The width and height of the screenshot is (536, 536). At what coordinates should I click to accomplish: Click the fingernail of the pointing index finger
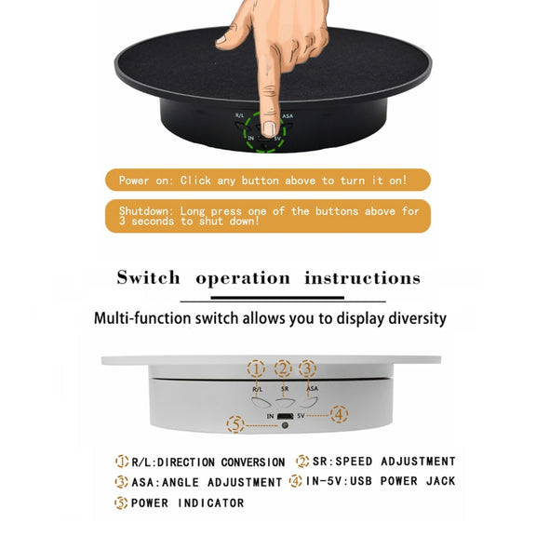pyautogui.click(x=270, y=129)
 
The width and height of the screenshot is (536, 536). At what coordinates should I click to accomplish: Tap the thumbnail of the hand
pyautogui.click(x=221, y=40)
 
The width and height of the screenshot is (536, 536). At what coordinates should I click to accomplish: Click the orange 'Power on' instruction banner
pyautogui.click(x=268, y=180)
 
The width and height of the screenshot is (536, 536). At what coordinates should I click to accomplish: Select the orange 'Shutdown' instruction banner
pyautogui.click(x=268, y=216)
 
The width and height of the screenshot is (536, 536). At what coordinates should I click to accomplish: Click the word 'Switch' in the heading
pyautogui.click(x=148, y=277)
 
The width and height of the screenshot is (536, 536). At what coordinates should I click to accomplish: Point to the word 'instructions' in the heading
pyautogui.click(x=362, y=278)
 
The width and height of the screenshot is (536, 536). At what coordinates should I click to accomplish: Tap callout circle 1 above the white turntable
pyautogui.click(x=256, y=368)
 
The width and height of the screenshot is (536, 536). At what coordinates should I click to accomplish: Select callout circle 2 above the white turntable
pyautogui.click(x=283, y=368)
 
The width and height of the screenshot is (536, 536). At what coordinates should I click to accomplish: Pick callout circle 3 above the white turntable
pyautogui.click(x=307, y=368)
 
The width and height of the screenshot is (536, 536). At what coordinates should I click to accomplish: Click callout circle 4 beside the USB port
pyautogui.click(x=339, y=414)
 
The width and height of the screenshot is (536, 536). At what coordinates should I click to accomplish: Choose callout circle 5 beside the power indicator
pyautogui.click(x=235, y=424)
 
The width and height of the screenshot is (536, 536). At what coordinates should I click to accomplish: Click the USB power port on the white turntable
pyautogui.click(x=286, y=416)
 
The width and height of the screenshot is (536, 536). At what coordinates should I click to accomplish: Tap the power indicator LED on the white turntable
pyautogui.click(x=285, y=425)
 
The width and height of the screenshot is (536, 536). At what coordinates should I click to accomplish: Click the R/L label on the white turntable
pyautogui.click(x=258, y=389)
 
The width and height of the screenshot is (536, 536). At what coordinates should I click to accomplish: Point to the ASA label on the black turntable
pyautogui.click(x=288, y=116)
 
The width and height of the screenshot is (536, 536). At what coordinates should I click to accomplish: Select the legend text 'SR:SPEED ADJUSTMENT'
pyautogui.click(x=384, y=462)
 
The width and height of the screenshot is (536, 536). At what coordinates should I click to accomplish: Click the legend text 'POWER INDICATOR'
pyautogui.click(x=188, y=502)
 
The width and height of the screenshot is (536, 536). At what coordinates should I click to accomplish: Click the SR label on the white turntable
pyautogui.click(x=285, y=389)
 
